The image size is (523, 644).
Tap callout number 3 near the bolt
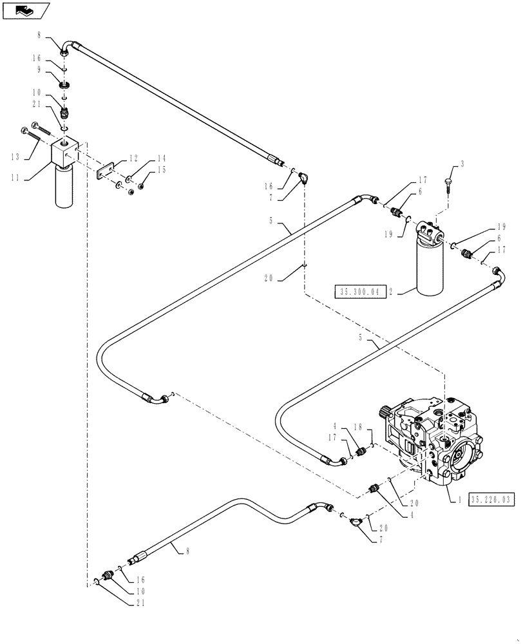point(462,166)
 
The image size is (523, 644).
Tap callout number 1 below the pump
point(459,499)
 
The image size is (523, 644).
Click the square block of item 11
point(64,151)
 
